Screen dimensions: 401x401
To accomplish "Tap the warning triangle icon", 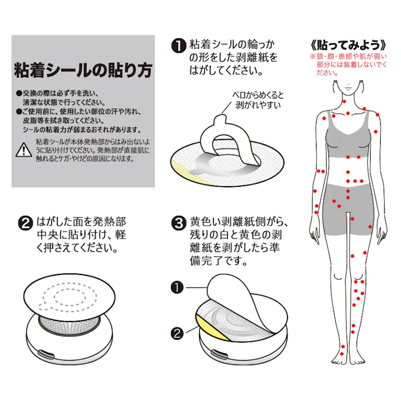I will [24, 150].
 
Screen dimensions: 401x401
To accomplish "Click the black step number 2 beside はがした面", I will [25, 223].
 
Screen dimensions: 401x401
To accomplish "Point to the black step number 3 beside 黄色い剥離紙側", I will [178, 223].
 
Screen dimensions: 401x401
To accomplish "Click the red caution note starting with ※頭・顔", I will [349, 65].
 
